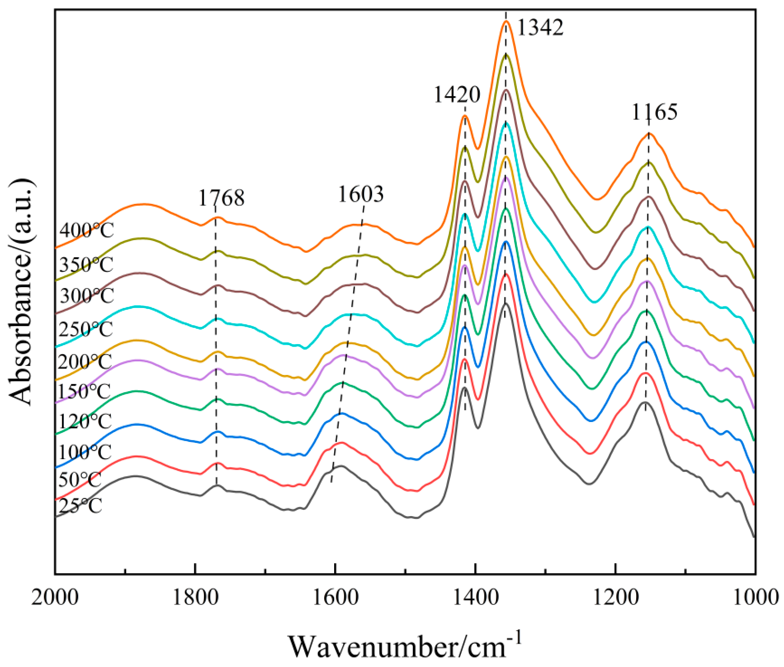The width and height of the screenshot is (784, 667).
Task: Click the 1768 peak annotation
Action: (x=221, y=198)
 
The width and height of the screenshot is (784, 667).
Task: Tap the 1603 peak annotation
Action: (x=360, y=194)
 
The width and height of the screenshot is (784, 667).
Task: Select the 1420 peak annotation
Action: (x=456, y=94)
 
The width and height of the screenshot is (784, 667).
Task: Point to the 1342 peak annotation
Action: (x=540, y=27)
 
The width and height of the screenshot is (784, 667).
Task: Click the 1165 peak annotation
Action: (x=655, y=112)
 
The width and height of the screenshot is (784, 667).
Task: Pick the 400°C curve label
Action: (x=87, y=230)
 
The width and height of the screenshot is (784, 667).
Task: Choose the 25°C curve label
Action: (x=81, y=506)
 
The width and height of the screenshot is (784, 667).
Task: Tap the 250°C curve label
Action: (x=86, y=329)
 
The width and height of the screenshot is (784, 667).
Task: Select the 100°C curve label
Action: (x=84, y=452)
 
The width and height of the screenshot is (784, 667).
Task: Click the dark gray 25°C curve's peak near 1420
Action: (x=464, y=387)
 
